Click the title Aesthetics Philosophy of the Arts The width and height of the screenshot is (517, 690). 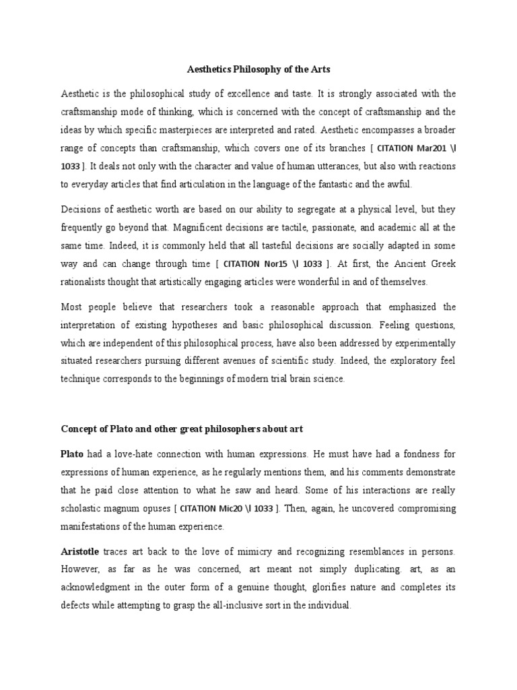(258, 69)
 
